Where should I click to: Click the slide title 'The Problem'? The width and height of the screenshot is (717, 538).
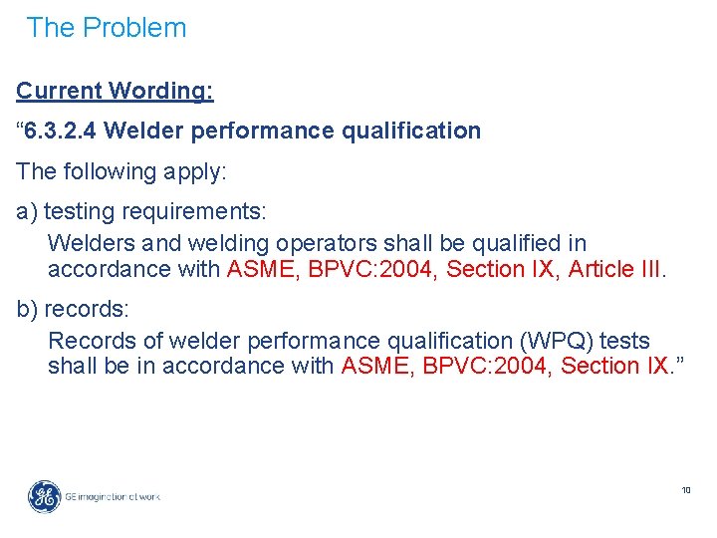pyautogui.click(x=107, y=28)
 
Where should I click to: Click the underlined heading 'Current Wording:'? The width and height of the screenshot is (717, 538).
pyautogui.click(x=115, y=91)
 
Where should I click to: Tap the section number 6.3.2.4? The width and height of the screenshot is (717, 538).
pyautogui.click(x=62, y=131)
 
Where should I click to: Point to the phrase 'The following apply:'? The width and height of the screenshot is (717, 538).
pyautogui.click(x=121, y=171)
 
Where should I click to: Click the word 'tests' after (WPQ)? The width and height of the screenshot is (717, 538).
pyautogui.click(x=625, y=341)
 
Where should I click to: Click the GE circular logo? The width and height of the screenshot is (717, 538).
pyautogui.click(x=44, y=496)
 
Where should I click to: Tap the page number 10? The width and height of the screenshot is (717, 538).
pyautogui.click(x=686, y=490)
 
